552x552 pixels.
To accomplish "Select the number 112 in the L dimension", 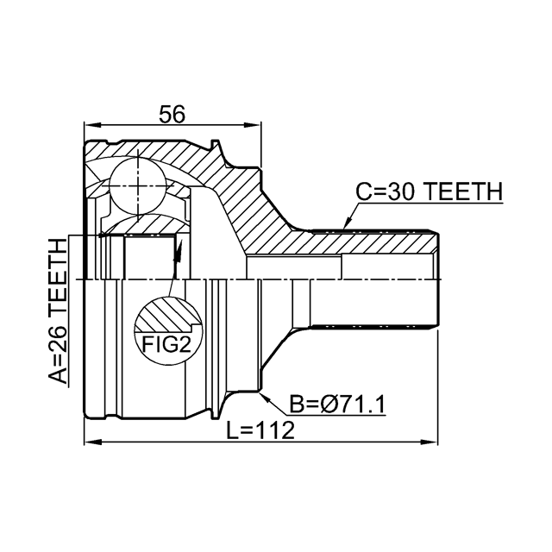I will tap(277, 430).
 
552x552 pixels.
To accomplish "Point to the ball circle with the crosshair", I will tap(138, 182).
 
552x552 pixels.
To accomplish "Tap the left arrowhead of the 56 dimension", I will tap(89, 127).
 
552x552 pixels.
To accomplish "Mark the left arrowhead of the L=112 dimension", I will tap(89, 443).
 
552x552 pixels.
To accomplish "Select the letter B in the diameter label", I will tap(298, 404).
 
